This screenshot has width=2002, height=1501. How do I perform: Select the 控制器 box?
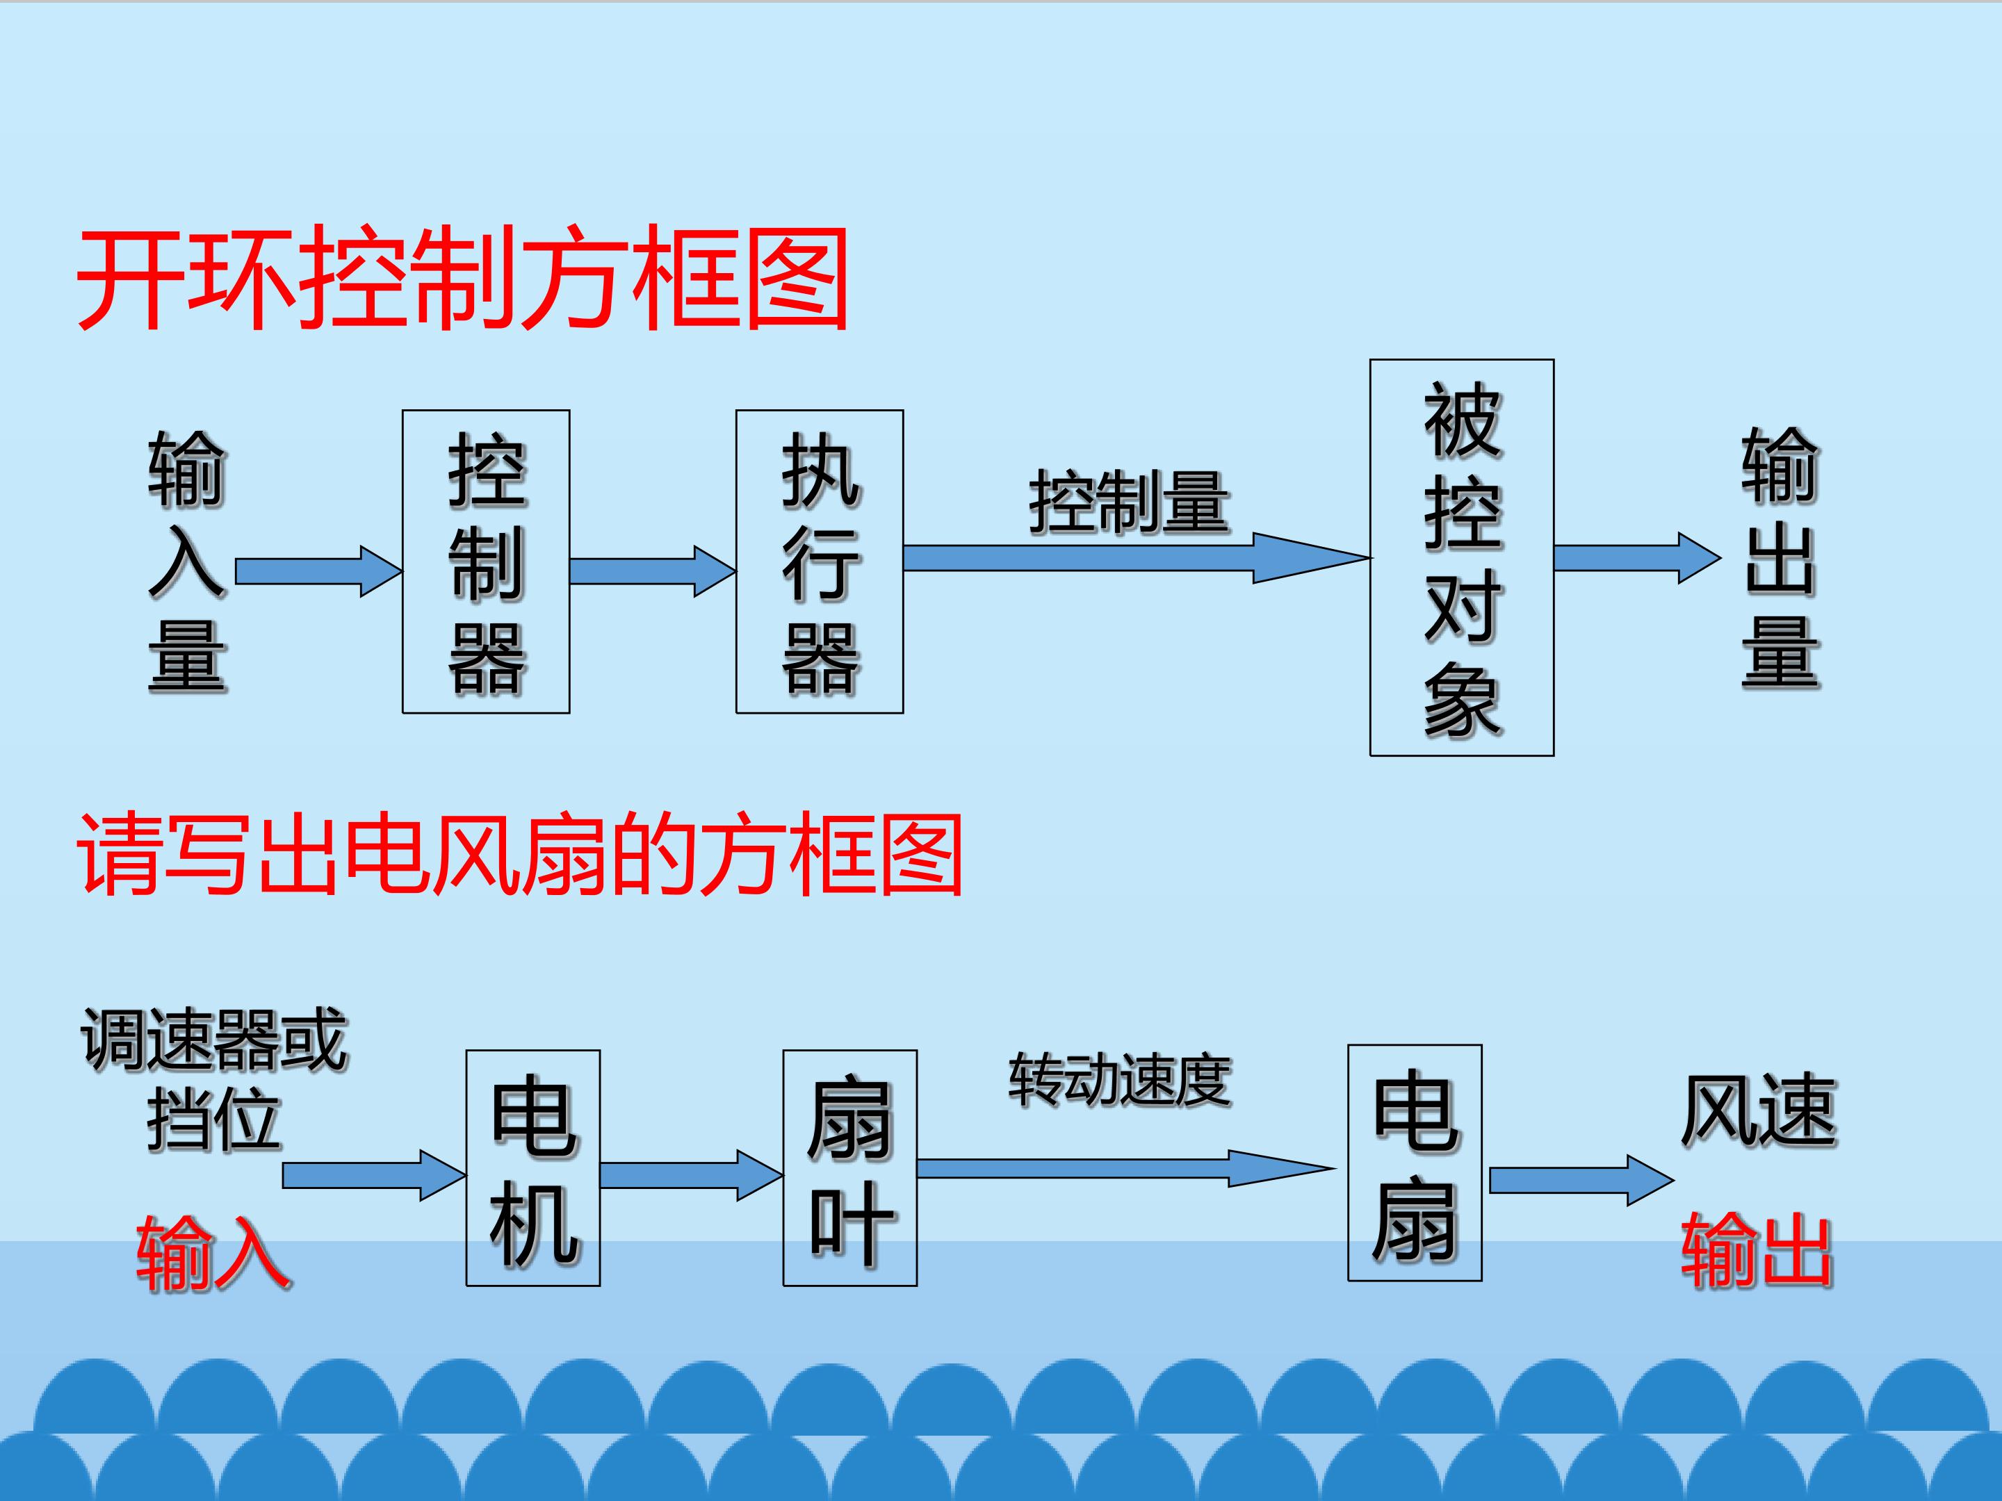coord(486,562)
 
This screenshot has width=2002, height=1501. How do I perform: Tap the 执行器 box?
coord(819,562)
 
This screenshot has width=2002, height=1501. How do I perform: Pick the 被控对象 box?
coord(1462,557)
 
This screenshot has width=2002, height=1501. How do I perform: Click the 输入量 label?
coord(188,562)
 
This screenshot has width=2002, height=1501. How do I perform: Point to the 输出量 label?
coord(1780,559)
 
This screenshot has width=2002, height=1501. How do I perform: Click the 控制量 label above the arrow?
coord(1129,502)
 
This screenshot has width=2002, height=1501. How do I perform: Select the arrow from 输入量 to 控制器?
coord(318,571)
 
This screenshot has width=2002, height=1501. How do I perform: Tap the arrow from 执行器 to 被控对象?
coord(1137,558)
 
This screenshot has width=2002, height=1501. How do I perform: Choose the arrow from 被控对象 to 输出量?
coord(1637,558)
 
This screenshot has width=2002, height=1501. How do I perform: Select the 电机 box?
coord(533,1168)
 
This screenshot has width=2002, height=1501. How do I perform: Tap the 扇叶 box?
coord(850,1168)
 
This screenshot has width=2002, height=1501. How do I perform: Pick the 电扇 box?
coord(1415,1163)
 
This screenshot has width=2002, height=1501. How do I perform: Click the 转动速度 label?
coord(1120,1081)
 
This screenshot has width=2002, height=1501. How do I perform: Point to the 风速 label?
coord(1759,1111)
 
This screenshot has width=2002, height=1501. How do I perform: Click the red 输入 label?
coord(213,1252)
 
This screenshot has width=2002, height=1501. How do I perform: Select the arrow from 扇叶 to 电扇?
coord(1127,1169)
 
